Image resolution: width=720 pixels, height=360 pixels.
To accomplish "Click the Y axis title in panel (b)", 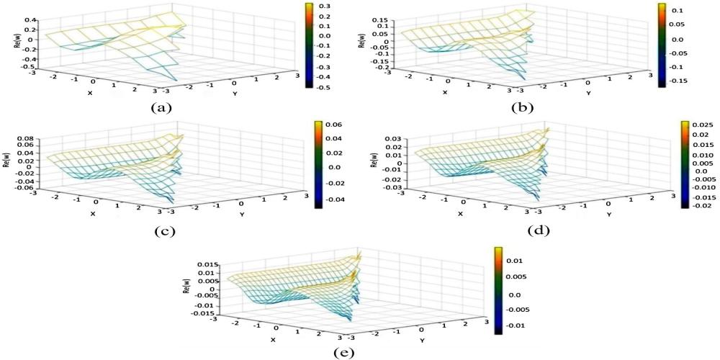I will [588, 93].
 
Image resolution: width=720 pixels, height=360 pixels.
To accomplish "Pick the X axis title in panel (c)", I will [92, 213].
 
